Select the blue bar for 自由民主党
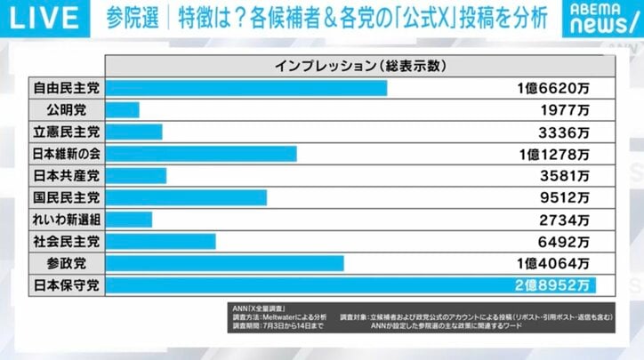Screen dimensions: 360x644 [x=246, y=89]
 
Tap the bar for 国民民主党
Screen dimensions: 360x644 [x=187, y=197]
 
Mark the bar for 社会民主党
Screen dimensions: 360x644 [x=161, y=241]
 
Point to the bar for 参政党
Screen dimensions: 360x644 [x=225, y=263]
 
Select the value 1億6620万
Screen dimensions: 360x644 [x=552, y=89]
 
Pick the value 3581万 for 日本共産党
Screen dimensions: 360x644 [x=564, y=176]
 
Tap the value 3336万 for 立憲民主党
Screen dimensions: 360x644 [x=564, y=132]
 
